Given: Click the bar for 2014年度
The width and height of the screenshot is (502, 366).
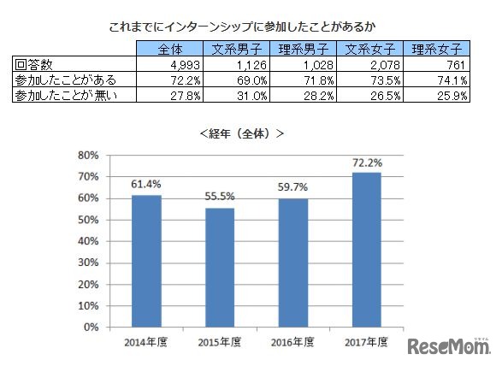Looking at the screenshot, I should pos(146,261).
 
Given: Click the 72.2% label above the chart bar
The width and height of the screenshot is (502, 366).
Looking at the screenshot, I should pos(368,162).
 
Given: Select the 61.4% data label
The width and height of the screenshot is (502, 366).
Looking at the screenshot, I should pos(146,185).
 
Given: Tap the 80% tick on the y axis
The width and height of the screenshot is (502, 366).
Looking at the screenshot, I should pos(90,155).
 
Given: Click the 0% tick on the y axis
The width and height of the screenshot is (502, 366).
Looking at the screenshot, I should pos(93,327).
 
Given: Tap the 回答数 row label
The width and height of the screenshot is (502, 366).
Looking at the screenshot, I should pos(32,64).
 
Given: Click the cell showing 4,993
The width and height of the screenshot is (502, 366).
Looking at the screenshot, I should pos(185,64).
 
